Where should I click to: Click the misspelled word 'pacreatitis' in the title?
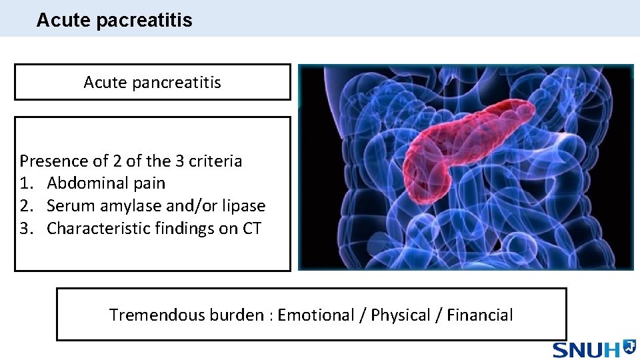[x=144, y=21]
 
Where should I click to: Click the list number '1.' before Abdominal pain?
[x=27, y=183]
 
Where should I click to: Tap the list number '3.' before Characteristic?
[x=27, y=229]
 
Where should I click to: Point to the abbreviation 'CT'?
[x=251, y=229]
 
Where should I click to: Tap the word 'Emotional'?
[x=315, y=315]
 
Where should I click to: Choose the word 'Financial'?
[x=480, y=315]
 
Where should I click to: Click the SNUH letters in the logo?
[x=586, y=349]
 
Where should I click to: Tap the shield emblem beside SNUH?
[x=629, y=347]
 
